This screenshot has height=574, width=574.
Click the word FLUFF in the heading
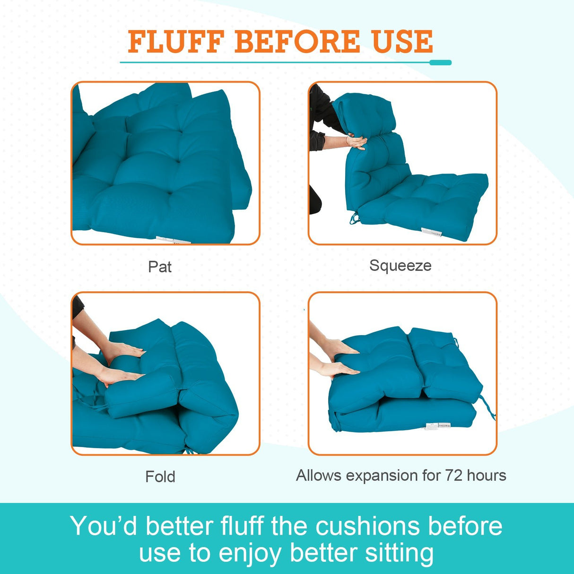(175, 42)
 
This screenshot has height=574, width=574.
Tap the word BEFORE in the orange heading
(297, 42)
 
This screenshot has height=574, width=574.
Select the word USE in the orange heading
(402, 42)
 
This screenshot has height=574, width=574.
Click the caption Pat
(160, 267)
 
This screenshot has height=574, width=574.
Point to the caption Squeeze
(400, 266)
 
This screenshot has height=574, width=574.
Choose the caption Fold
(160, 476)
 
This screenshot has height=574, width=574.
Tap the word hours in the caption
(487, 475)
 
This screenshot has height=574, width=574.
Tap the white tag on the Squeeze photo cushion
(431, 232)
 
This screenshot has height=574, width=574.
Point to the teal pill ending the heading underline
(441, 62)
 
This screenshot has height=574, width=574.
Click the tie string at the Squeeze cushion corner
(354, 218)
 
